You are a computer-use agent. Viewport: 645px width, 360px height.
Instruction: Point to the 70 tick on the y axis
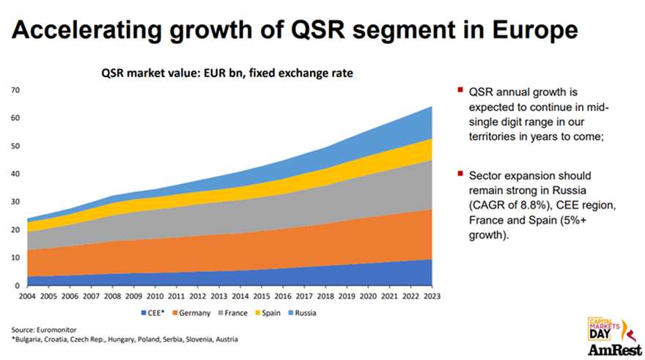(x=15, y=90)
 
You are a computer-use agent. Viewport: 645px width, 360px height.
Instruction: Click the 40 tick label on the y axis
(x=15, y=174)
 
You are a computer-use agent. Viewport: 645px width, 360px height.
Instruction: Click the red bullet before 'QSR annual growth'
(x=459, y=91)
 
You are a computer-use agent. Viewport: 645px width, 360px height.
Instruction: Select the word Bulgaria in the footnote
(x=29, y=340)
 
